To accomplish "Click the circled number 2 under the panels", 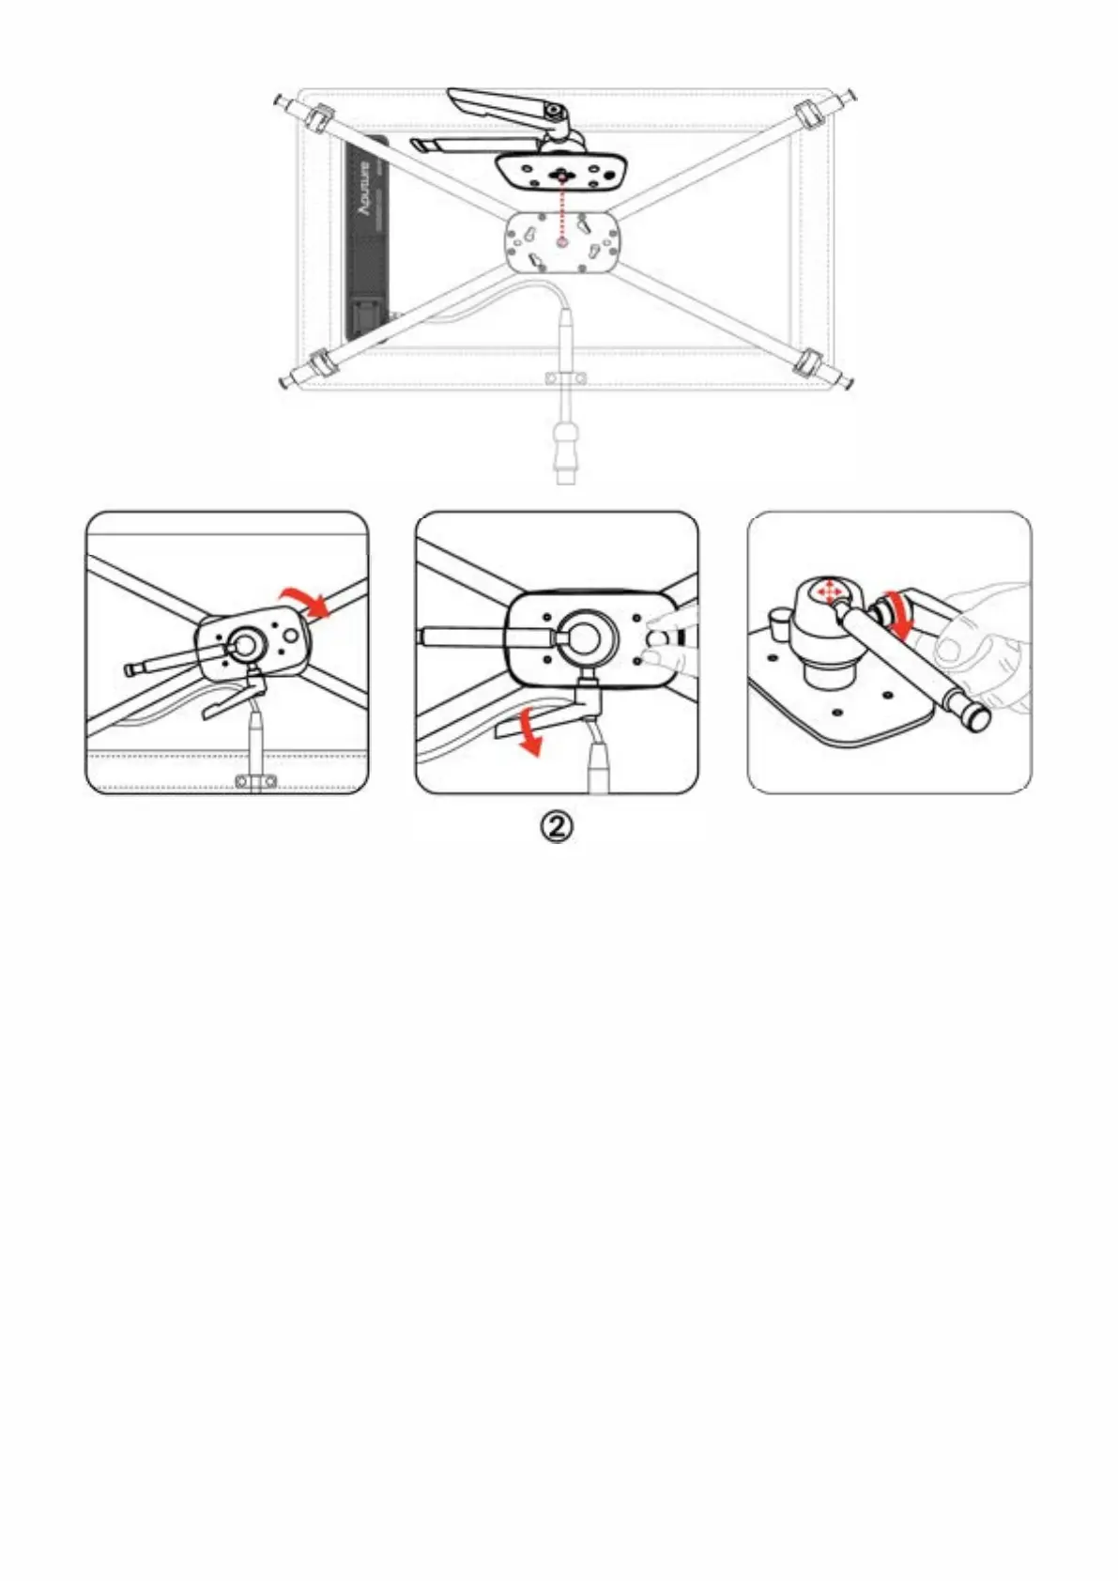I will [556, 826].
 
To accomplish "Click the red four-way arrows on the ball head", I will [828, 591].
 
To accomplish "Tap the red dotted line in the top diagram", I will [561, 211].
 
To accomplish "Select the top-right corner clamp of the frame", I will [807, 117].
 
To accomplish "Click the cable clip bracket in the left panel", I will [254, 780].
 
